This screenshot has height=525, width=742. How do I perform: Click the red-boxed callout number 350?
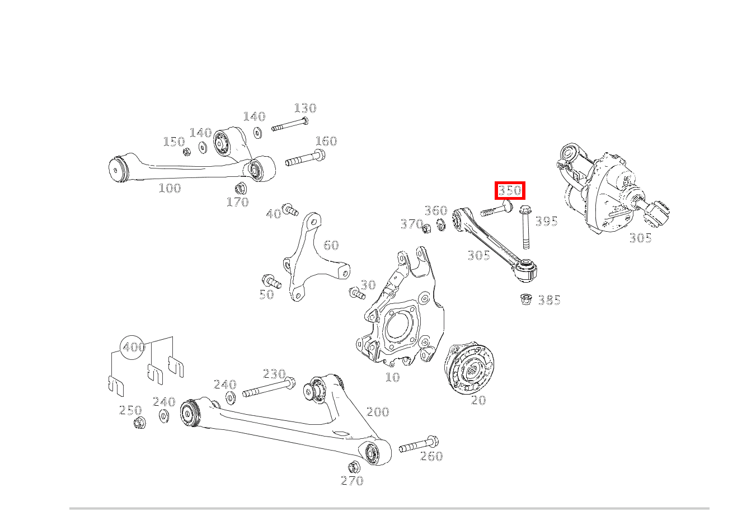[x=509, y=190]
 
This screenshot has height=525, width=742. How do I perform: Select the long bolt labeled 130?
[x=290, y=125]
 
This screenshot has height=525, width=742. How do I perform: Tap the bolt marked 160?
[x=306, y=158]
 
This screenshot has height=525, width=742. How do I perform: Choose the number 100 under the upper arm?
[x=170, y=188]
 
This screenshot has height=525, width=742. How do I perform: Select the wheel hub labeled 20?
[x=469, y=368]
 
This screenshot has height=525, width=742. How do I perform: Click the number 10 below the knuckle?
[x=392, y=377]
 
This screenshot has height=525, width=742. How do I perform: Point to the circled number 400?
[x=134, y=347]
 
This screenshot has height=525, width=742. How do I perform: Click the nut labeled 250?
[x=140, y=423]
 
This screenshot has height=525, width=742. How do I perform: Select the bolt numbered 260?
[x=418, y=445]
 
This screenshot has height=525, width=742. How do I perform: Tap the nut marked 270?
[x=353, y=467]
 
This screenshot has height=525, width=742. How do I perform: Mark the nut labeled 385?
[x=525, y=299]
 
